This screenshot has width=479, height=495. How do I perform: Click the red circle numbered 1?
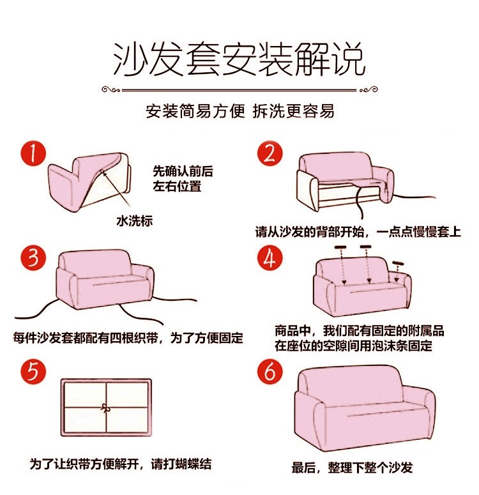pyautogui.click(x=33, y=153)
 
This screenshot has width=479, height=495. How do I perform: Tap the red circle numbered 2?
pyautogui.click(x=270, y=153)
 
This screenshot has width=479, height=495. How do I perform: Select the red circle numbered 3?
pyautogui.click(x=33, y=257)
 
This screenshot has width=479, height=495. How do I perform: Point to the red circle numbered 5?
pyautogui.click(x=33, y=372)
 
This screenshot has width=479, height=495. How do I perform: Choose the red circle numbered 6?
pyautogui.click(x=270, y=372)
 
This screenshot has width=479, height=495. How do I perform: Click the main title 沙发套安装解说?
pyautogui.click(x=239, y=59)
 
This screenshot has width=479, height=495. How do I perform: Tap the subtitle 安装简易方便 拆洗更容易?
pyautogui.click(x=240, y=111)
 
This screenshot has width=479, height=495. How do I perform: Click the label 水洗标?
pyautogui.click(x=134, y=220)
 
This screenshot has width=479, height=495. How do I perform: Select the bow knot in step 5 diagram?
pyautogui.click(x=106, y=407)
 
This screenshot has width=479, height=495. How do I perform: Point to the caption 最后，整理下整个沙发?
pyautogui.click(x=352, y=468)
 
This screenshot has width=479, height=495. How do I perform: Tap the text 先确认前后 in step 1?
pyautogui.click(x=183, y=171)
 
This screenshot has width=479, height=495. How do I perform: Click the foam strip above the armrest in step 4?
pyautogui.click(x=398, y=263)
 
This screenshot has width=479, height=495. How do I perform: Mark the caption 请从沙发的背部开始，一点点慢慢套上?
pyautogui.click(x=358, y=232)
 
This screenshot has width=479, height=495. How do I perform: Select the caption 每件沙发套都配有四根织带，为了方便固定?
pyautogui.click(x=128, y=338)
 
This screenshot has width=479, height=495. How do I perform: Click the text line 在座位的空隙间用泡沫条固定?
pyautogui.click(x=353, y=346)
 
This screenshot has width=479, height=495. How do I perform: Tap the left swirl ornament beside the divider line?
pyautogui.click(x=111, y=90)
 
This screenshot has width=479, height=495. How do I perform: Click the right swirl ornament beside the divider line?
pyautogui.click(x=368, y=89)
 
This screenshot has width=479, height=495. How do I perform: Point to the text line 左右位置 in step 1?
pyautogui.click(x=177, y=186)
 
